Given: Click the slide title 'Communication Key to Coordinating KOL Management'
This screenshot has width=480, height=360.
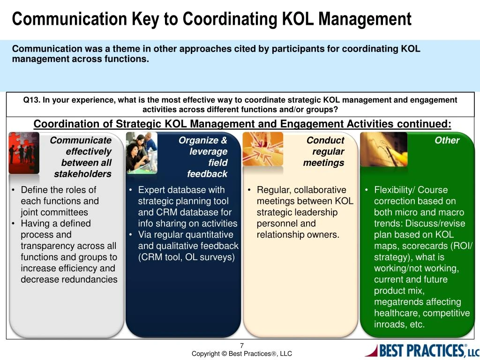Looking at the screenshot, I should click(211, 19).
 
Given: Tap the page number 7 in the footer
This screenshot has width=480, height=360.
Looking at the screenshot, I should click(242, 346).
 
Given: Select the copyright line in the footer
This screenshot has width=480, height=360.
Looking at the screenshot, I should click(241, 354).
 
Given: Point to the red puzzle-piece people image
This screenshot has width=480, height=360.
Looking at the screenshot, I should click(23, 152).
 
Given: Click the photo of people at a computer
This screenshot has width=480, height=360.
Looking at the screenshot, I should click(142, 152).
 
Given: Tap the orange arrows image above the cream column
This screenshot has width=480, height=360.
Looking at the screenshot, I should click(262, 149).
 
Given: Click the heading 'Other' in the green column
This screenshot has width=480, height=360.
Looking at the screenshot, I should click(447, 140).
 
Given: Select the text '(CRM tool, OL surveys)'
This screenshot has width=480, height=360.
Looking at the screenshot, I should click(186, 257).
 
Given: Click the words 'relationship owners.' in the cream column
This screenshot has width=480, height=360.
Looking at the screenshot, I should click(298, 235).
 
